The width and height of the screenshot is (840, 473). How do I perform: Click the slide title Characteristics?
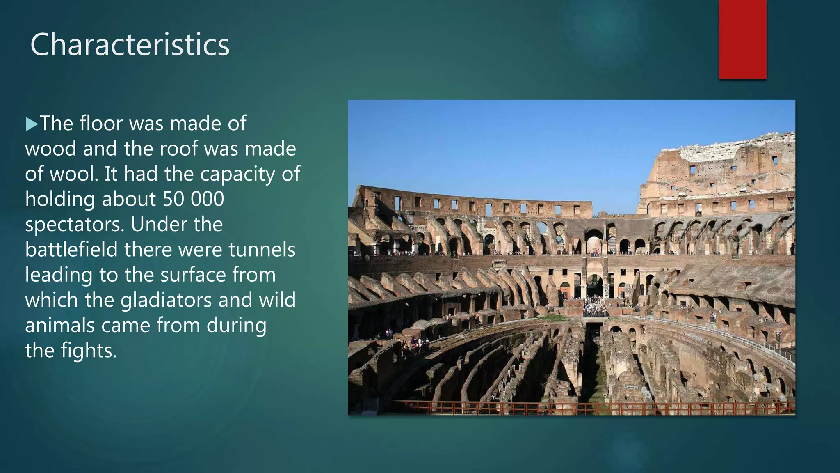(130, 44)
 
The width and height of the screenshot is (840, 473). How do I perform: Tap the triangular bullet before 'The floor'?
(32, 124)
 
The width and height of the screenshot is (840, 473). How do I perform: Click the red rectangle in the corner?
(742, 39)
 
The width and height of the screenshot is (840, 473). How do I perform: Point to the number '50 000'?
(193, 199)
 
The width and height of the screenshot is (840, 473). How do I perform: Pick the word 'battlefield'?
(71, 250)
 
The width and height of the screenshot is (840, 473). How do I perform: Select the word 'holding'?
(60, 199)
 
